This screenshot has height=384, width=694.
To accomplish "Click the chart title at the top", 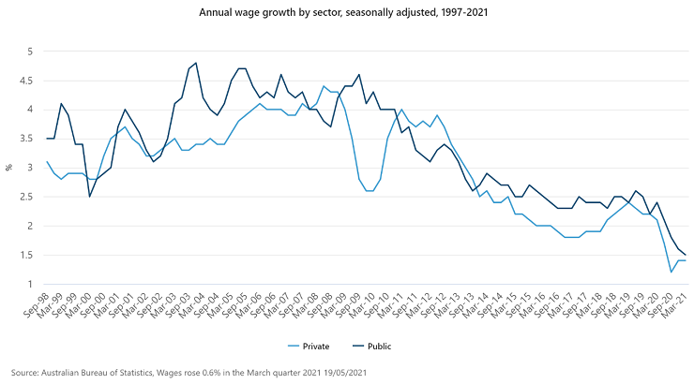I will (x=347, y=14).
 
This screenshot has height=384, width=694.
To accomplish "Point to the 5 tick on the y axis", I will (x=31, y=51).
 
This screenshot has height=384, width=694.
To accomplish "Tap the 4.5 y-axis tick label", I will (x=28, y=81).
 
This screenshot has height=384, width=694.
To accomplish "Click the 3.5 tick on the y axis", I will (x=28, y=139).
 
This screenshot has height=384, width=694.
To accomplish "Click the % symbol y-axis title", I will (x=8, y=168).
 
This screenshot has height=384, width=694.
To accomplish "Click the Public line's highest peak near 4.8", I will (x=195, y=63).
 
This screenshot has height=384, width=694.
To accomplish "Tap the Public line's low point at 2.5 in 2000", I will (x=90, y=197).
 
